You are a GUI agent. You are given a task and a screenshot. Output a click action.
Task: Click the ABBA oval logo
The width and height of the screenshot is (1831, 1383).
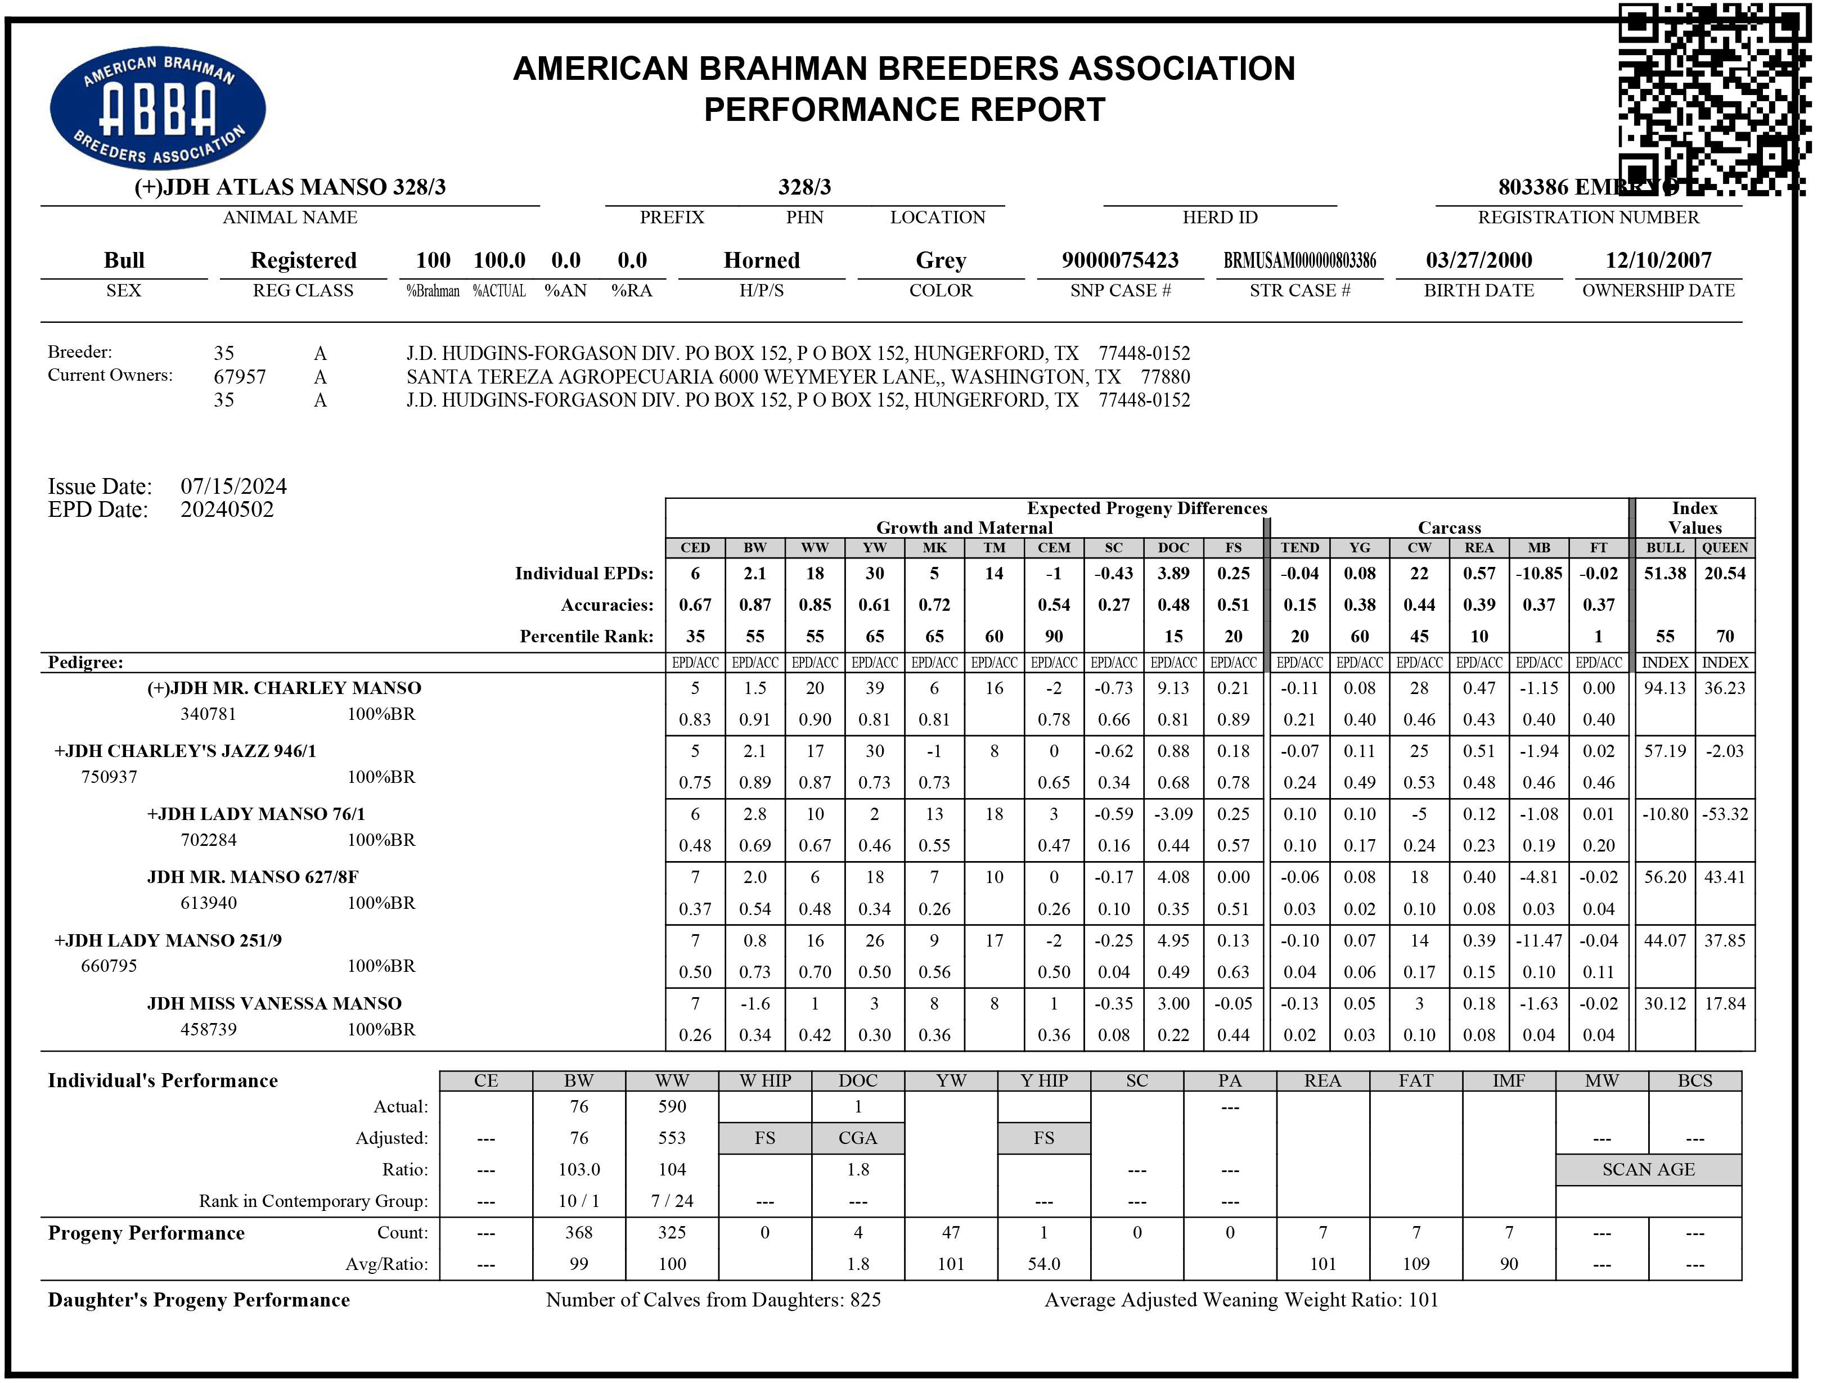pyautogui.click(x=158, y=107)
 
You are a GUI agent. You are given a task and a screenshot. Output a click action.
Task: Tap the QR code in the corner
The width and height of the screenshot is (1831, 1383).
pyautogui.click(x=1713, y=98)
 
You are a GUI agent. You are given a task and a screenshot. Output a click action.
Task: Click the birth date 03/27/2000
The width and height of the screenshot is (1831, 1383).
pyautogui.click(x=1478, y=260)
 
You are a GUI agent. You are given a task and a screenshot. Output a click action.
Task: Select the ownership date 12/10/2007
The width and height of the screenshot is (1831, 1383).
pyautogui.click(x=1658, y=260)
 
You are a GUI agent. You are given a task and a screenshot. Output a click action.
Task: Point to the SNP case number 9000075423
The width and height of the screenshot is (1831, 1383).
pyautogui.click(x=1120, y=260)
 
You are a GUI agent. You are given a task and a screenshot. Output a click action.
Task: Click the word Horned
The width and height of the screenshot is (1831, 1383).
pyautogui.click(x=762, y=260)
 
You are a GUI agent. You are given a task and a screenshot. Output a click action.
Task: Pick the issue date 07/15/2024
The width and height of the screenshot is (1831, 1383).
pyautogui.click(x=233, y=486)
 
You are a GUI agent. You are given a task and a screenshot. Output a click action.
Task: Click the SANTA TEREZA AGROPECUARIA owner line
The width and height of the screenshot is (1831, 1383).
pyautogui.click(x=797, y=377)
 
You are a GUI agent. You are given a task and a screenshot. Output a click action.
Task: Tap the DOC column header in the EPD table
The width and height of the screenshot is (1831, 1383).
pyautogui.click(x=1173, y=548)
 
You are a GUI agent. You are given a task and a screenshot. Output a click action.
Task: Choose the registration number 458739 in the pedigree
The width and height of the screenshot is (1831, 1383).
pyautogui.click(x=209, y=1029)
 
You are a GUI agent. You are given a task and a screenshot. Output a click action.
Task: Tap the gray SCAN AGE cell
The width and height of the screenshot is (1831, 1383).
pyautogui.click(x=1648, y=1169)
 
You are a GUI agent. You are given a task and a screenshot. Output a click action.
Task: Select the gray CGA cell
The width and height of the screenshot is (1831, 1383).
pyautogui.click(x=857, y=1138)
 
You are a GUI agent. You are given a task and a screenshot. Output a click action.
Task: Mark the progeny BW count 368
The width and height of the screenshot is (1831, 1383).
pyautogui.click(x=579, y=1232)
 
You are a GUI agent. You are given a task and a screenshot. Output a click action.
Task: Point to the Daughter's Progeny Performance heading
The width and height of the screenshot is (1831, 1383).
pyautogui.click(x=199, y=1299)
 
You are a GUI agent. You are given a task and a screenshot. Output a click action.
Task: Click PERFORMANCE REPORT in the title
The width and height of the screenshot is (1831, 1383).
pyautogui.click(x=904, y=109)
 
